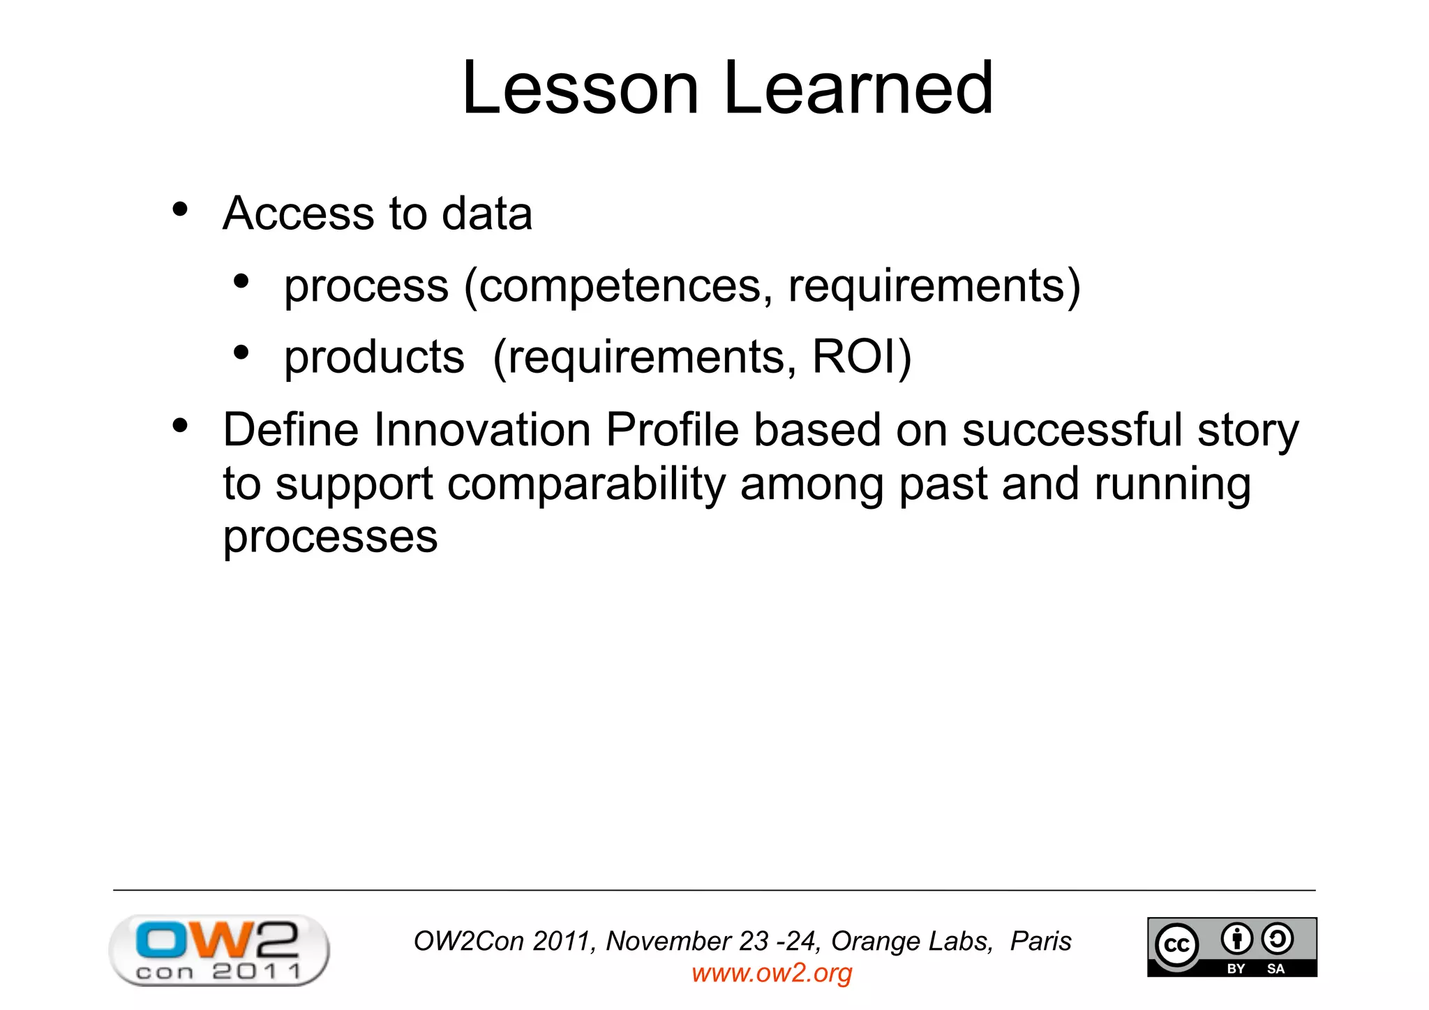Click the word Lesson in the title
tap(580, 89)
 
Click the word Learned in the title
tap(858, 89)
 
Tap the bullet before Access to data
tap(180, 209)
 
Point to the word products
tap(374, 358)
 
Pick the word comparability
tap(586, 485)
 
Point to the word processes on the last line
tap(330, 537)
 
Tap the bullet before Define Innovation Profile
tap(180, 426)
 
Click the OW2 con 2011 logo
tap(219, 950)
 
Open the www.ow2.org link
tap(772, 972)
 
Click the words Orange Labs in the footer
tap(911, 941)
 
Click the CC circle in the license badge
tap(1176, 945)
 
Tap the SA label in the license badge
tap(1275, 968)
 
